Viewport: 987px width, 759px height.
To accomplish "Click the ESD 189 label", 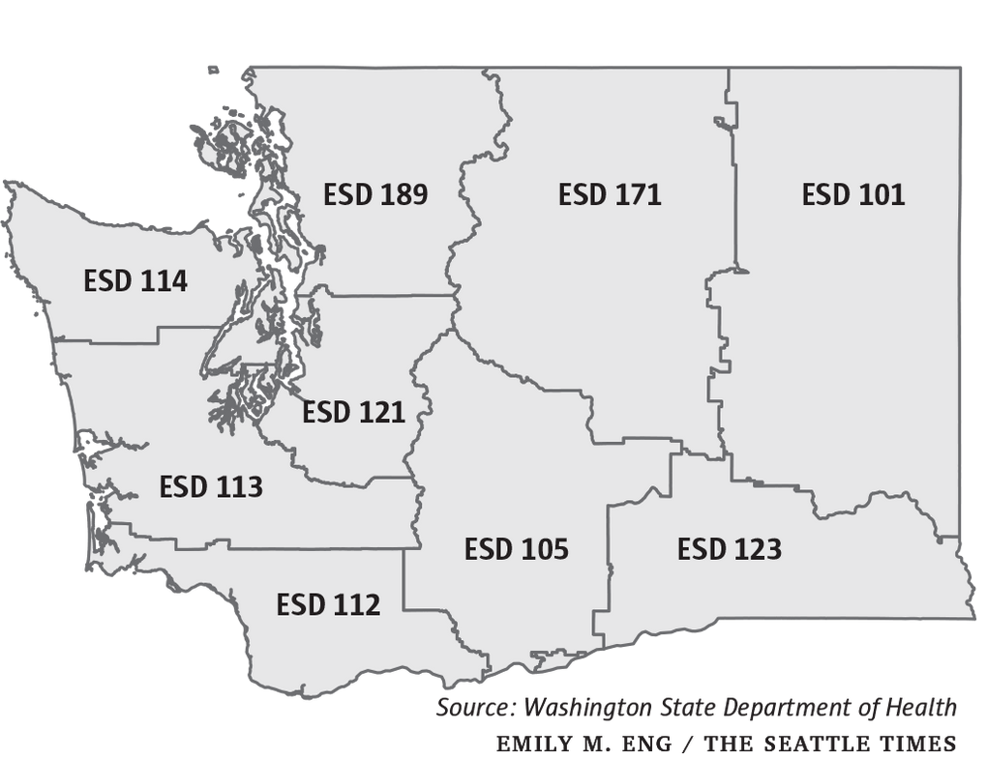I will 375,194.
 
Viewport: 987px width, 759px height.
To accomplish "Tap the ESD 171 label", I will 610,194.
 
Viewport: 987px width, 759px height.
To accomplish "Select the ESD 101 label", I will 853,194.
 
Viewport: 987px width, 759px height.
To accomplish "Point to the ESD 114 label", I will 135,281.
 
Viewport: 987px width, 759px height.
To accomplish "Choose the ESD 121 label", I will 353,413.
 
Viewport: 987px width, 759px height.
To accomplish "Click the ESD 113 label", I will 211,486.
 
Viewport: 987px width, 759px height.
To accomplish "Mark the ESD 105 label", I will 516,549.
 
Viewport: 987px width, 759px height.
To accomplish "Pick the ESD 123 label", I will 730,549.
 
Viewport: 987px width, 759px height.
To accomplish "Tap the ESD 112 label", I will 328,605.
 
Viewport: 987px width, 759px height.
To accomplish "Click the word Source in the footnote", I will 475,707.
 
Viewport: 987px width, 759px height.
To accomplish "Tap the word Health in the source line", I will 920,707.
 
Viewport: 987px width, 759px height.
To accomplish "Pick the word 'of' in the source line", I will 865,707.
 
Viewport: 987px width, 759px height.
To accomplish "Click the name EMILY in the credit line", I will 528,744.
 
